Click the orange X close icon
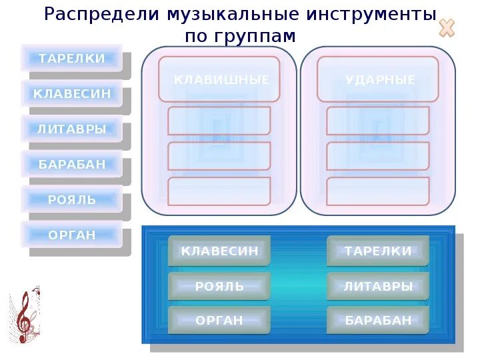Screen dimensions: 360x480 click(447, 28)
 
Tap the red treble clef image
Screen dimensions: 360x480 click(25, 317)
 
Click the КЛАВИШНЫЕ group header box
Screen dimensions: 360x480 click(219, 79)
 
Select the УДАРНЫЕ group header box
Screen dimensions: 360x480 click(378, 79)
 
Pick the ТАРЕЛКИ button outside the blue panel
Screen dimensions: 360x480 click(72, 58)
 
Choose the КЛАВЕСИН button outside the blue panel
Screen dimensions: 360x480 click(72, 94)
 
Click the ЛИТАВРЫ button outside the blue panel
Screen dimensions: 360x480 click(72, 129)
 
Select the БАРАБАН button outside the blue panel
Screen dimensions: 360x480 click(72, 164)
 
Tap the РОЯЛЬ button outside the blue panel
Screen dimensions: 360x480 click(72, 199)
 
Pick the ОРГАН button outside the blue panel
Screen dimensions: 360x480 click(72, 235)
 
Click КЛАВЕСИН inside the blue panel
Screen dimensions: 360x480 click(219, 251)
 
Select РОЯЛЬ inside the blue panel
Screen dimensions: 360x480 click(219, 286)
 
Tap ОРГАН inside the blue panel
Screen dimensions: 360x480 click(219, 321)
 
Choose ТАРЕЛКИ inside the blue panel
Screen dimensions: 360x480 click(378, 251)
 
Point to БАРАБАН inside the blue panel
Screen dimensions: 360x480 click(378, 321)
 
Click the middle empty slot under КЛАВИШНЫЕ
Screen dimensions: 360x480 click(219, 156)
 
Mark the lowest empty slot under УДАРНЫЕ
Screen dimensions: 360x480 click(378, 191)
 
